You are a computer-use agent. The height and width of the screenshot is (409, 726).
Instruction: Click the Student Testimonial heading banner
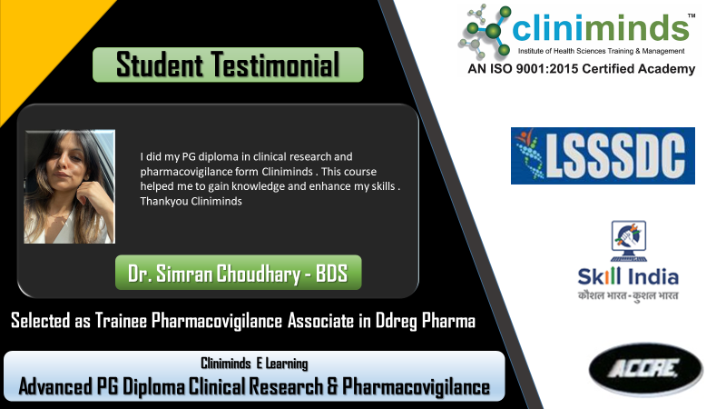click(228, 65)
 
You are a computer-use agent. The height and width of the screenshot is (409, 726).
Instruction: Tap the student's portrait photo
click(70, 186)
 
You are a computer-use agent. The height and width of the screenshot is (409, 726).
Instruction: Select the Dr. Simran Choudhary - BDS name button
click(238, 273)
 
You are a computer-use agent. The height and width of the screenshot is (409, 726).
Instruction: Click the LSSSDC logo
click(603, 155)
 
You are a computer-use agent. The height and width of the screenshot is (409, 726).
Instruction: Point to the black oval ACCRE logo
click(646, 370)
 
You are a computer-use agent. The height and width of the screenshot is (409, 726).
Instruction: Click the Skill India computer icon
click(628, 241)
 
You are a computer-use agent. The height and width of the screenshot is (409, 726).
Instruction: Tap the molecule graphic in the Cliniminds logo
click(485, 31)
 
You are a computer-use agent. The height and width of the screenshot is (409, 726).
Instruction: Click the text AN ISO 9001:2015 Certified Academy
click(582, 69)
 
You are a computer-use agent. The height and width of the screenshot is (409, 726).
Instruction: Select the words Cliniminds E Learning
click(254, 364)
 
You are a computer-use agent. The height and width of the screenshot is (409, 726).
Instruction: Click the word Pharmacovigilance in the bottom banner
click(416, 387)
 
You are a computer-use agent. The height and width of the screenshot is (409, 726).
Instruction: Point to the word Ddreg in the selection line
click(396, 321)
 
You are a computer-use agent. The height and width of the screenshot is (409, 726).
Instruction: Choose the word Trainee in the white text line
click(122, 321)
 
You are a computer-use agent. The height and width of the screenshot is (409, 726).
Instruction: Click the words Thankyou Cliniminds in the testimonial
click(191, 201)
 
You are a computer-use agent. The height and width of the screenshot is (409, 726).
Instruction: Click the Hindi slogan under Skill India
click(628, 296)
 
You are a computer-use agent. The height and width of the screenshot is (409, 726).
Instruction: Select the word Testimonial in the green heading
click(276, 65)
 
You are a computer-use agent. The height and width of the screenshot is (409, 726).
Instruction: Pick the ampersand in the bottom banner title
click(332, 387)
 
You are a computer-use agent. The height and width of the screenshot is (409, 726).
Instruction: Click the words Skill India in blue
click(628, 277)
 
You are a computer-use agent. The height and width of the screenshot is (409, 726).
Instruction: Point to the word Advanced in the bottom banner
click(55, 386)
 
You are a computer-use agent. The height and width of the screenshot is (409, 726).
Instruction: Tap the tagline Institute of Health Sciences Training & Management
click(601, 51)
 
